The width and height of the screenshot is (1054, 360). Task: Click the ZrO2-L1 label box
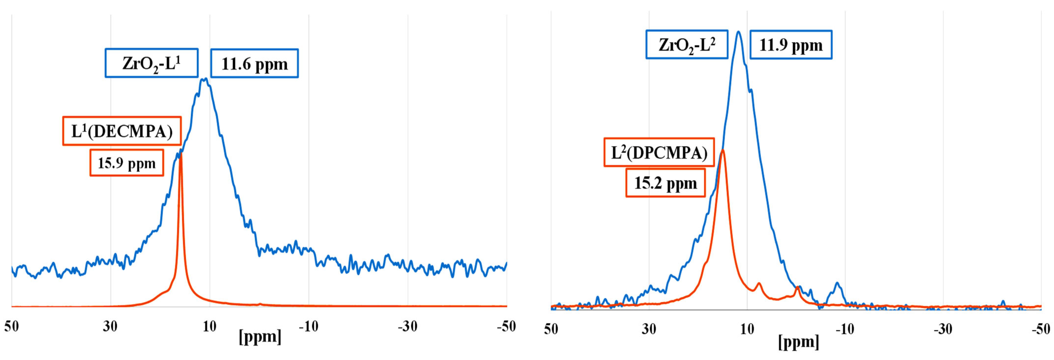[151, 63]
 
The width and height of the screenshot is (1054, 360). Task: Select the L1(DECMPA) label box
[122, 131]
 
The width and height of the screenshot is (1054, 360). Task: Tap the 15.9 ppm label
[127, 163]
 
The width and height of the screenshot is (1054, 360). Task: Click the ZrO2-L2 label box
[687, 44]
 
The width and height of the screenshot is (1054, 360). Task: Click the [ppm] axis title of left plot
[260, 337]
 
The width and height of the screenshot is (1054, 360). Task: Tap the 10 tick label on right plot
[747, 329]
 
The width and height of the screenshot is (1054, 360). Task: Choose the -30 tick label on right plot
[943, 329]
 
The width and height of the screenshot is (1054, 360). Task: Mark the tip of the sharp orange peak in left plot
[180, 154]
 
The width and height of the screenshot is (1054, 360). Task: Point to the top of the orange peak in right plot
[723, 150]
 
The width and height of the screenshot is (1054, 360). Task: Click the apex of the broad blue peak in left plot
[204, 79]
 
